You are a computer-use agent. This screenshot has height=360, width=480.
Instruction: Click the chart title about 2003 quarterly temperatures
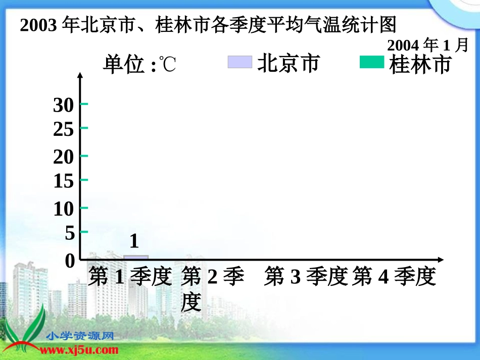(208, 25)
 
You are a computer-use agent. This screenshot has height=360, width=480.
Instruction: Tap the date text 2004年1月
(427, 45)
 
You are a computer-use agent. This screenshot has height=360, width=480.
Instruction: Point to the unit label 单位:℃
(139, 65)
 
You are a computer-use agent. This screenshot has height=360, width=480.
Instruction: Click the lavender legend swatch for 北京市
(239, 62)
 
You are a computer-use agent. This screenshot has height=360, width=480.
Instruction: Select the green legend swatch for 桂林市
(372, 62)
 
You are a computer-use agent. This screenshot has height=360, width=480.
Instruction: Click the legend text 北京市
(289, 64)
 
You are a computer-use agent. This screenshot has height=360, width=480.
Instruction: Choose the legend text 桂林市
(420, 65)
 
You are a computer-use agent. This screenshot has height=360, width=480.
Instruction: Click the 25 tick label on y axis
(64, 130)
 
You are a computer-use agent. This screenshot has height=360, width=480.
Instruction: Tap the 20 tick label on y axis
(64, 158)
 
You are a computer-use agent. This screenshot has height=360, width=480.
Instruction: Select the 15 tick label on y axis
(64, 181)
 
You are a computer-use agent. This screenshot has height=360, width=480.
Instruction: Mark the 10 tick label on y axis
(64, 209)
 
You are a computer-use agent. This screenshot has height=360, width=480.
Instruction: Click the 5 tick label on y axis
(69, 233)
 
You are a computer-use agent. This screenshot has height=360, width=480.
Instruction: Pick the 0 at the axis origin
(70, 261)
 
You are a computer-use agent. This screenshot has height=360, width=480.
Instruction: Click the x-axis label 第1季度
(130, 277)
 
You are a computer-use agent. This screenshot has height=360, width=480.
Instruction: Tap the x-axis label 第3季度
(306, 277)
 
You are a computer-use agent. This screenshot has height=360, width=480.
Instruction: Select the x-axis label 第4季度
(394, 277)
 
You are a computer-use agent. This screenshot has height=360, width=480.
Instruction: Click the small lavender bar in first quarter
(136, 258)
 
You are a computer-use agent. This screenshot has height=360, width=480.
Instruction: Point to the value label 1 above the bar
(134, 241)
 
